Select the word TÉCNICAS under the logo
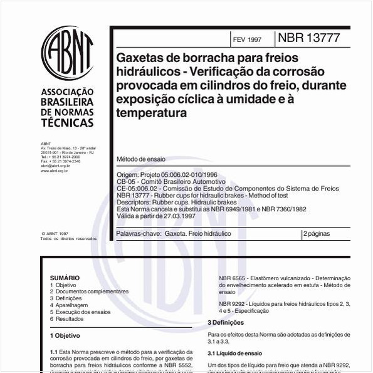click(66, 123)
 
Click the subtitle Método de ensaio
click(142, 159)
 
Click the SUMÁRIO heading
click(65, 277)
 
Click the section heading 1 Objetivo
click(65, 336)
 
